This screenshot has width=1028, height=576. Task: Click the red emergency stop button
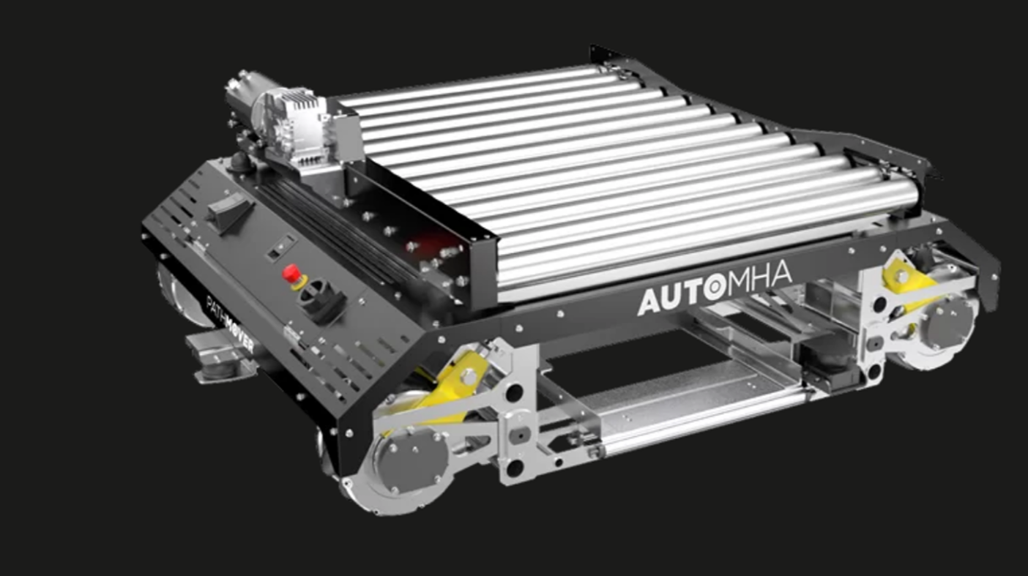291,273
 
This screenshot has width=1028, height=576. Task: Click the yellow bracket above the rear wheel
907,277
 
